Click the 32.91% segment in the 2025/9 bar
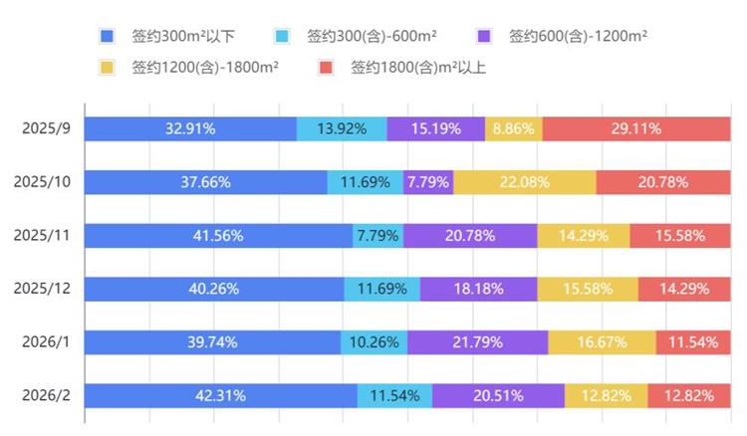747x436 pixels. click(x=190, y=128)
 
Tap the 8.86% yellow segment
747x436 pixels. click(x=514, y=128)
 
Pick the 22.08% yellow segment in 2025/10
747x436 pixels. click(x=525, y=182)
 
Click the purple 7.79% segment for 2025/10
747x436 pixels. click(x=428, y=182)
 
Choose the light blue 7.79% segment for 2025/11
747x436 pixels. click(x=377, y=236)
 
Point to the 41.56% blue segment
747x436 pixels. click(x=218, y=236)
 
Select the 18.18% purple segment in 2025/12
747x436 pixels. click(x=479, y=289)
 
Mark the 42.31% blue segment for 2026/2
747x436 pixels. click(x=220, y=395)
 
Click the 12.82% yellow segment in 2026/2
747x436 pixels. click(x=606, y=395)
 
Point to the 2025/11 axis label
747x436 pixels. click(x=42, y=236)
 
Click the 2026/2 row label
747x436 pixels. click(x=44, y=395)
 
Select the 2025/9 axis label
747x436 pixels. click(x=46, y=128)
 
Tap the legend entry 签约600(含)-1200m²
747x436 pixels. click(x=578, y=37)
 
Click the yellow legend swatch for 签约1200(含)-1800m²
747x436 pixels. click(x=109, y=69)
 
